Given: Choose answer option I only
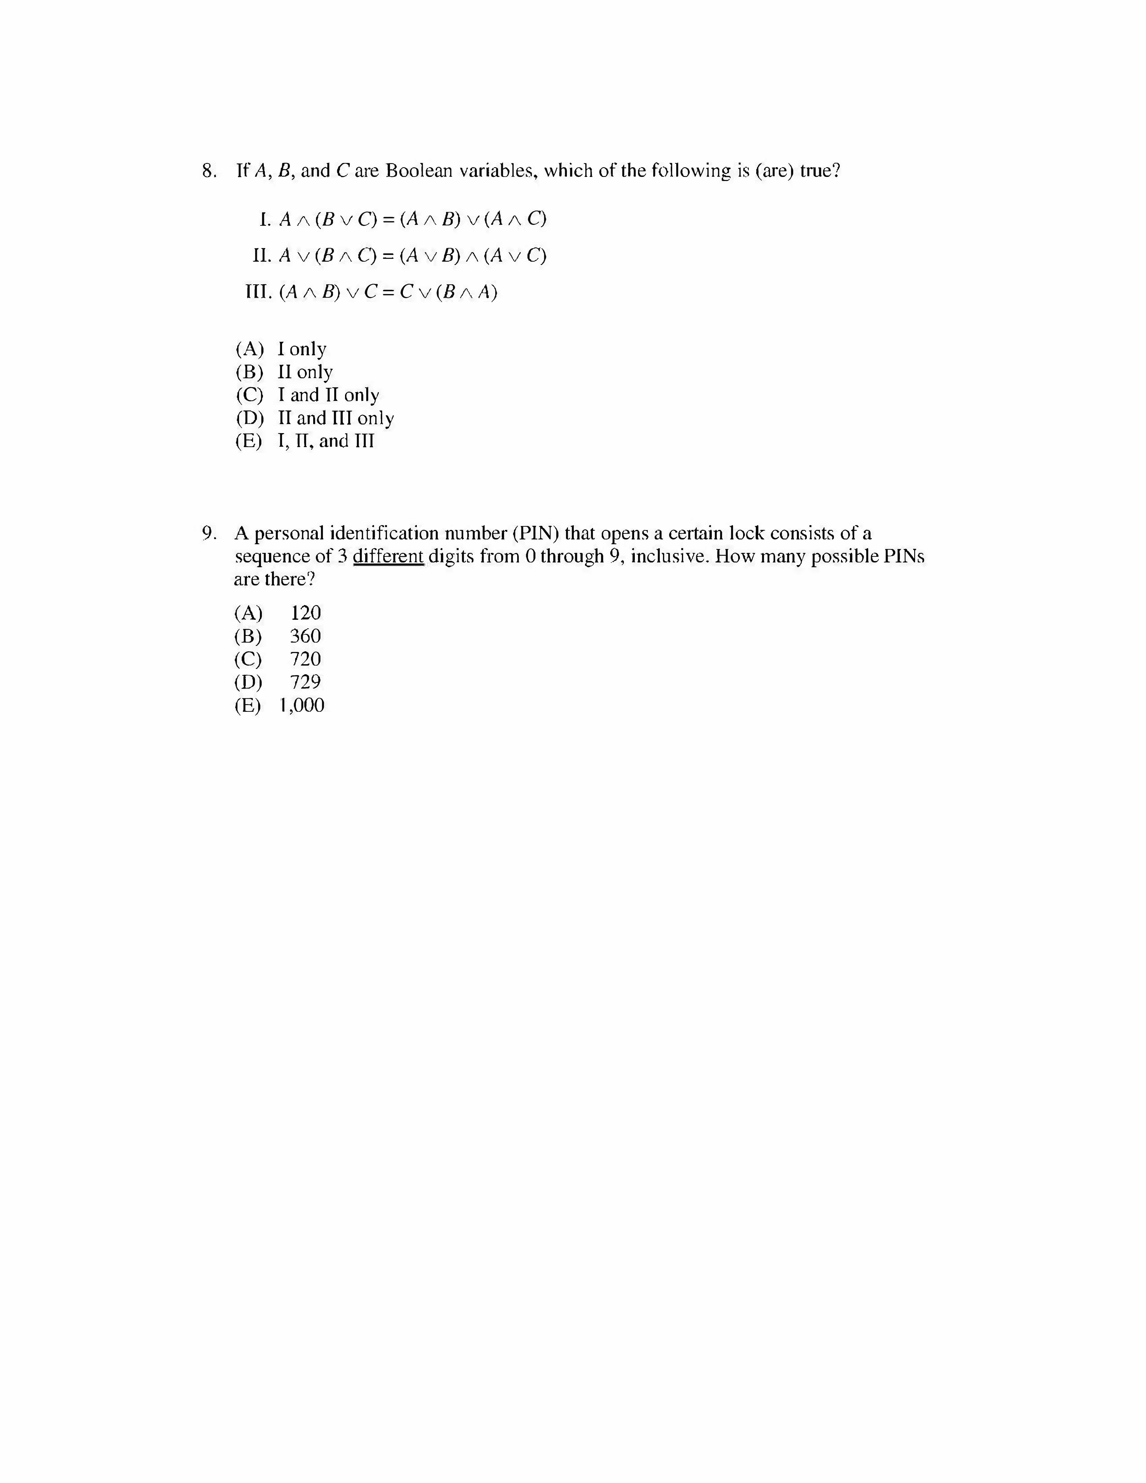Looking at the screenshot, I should [302, 349].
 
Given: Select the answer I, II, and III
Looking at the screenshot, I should [326, 441].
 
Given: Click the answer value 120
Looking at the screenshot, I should [306, 613].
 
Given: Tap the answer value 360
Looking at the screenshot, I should [306, 636].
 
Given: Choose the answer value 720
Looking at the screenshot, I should [306, 659].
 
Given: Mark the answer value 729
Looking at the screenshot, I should [306, 682].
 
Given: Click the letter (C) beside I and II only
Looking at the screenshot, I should [248, 395].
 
